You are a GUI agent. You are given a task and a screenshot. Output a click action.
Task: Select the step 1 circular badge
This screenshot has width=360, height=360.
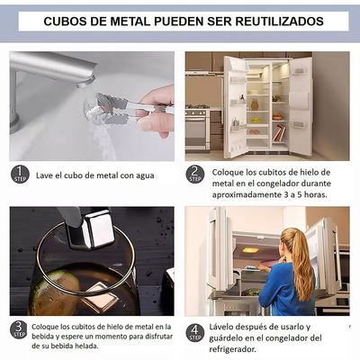pyautogui.click(x=20, y=174)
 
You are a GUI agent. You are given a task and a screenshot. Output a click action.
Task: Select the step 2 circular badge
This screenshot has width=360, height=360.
pyautogui.click(x=195, y=174)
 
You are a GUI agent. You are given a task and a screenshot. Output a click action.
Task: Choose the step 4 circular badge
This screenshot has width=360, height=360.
pyautogui.click(x=195, y=330)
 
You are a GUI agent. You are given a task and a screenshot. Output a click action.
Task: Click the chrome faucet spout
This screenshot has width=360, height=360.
pyautogui.click(x=54, y=67)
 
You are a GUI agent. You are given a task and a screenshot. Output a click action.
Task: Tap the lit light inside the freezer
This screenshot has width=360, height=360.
pyautogui.click(x=250, y=249)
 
